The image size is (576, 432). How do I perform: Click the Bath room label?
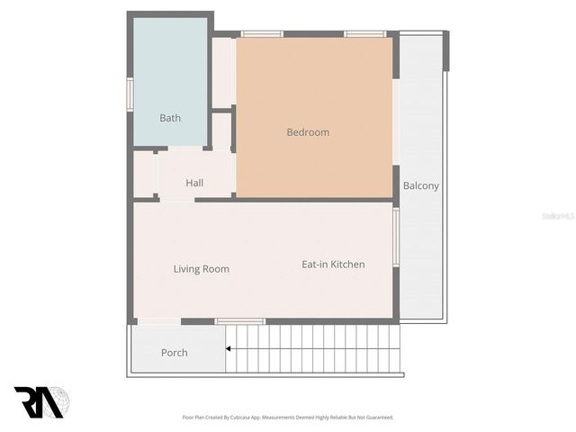tap(170, 118)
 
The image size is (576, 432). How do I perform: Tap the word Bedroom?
tap(308, 132)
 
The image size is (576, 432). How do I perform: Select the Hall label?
tap(194, 183)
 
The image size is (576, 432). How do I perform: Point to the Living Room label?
tap(202, 268)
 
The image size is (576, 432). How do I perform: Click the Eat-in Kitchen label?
tap(333, 264)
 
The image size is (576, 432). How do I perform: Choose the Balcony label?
tap(421, 186)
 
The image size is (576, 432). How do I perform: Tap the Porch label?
tap(175, 352)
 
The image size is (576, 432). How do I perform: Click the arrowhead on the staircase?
tap(229, 348)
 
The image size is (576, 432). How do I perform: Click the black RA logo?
tap(38, 402)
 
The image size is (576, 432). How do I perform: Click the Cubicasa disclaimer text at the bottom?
tap(288, 418)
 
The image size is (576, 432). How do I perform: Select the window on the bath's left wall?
tap(130, 94)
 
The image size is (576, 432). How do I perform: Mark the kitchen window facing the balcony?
tap(395, 236)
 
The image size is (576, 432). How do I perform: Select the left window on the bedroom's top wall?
tap(262, 34)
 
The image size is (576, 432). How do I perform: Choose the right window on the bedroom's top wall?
tap(365, 34)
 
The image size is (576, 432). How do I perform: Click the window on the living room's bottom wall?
tap(240, 321)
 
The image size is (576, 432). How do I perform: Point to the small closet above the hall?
tap(222, 130)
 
